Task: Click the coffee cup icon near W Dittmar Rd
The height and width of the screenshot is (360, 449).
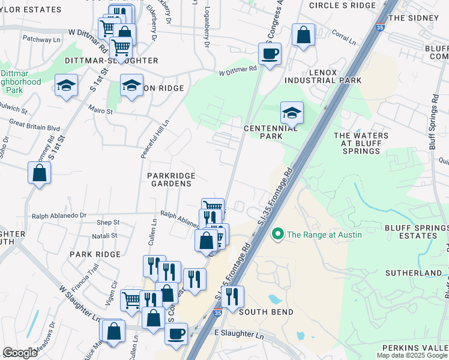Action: [270, 54]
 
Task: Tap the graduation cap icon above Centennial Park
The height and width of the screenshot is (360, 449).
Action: [292, 113]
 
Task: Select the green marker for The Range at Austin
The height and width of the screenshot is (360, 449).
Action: [277, 234]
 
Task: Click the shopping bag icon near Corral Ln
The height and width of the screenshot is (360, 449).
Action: [304, 35]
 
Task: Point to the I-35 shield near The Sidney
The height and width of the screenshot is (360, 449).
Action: [379, 27]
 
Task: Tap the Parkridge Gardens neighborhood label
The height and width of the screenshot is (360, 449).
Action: [169, 179]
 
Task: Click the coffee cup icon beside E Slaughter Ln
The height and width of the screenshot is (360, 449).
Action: [176, 334]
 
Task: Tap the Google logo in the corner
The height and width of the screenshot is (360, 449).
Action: [20, 353]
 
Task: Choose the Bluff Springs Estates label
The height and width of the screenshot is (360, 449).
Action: [417, 232]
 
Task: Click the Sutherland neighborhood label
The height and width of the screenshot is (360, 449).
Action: [422, 273]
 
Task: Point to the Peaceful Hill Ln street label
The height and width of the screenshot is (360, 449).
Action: [146, 139]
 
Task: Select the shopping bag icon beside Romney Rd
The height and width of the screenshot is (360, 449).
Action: [39, 173]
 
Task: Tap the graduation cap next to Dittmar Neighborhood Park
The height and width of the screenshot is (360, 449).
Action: [66, 86]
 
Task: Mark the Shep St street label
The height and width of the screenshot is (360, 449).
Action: [108, 223]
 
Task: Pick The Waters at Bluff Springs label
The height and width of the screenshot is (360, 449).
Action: [360, 143]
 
